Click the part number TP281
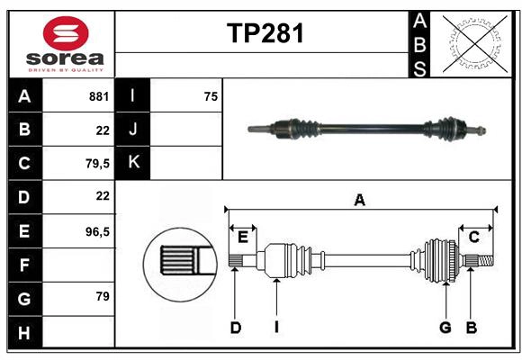265,33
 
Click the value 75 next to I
211,95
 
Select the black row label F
24,265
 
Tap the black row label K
133,163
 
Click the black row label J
133,130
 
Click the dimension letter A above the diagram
360,200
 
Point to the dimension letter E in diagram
243,237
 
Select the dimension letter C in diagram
473,237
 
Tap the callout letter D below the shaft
235,328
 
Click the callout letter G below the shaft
445,328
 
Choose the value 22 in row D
102,196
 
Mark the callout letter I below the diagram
276,328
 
